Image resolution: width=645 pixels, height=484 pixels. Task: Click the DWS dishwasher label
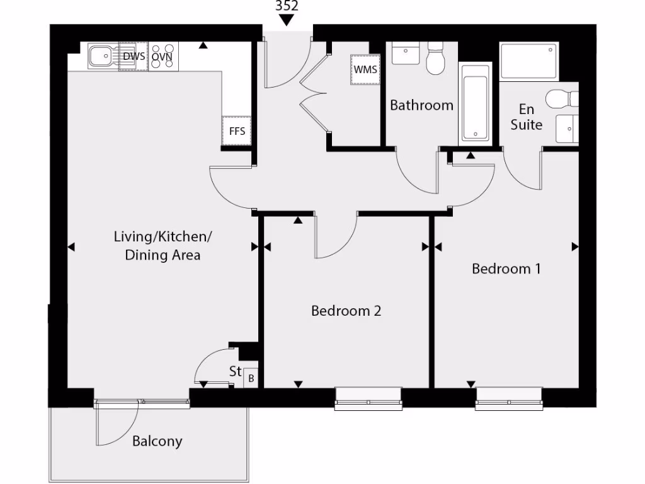(134, 57)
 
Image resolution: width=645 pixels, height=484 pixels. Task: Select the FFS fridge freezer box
(237, 132)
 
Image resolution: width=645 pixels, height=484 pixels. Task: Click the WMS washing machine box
(365, 69)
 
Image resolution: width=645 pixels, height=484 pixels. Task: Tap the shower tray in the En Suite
(528, 60)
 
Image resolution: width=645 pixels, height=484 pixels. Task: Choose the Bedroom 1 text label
(506, 269)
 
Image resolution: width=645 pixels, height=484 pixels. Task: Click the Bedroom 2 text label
(346, 311)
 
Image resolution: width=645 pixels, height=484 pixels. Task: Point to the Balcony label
(157, 441)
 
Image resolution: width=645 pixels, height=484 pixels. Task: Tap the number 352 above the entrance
(287, 6)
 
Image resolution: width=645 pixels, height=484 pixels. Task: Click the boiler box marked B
(251, 378)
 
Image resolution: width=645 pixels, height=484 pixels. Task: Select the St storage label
(235, 372)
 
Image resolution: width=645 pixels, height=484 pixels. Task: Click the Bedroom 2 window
(368, 398)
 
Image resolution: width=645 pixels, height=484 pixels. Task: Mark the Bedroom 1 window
(508, 398)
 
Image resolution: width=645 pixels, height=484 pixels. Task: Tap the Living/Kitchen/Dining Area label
(163, 246)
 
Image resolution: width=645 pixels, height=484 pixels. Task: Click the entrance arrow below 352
(287, 20)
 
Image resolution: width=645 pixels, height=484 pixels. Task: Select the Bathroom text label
(421, 105)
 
